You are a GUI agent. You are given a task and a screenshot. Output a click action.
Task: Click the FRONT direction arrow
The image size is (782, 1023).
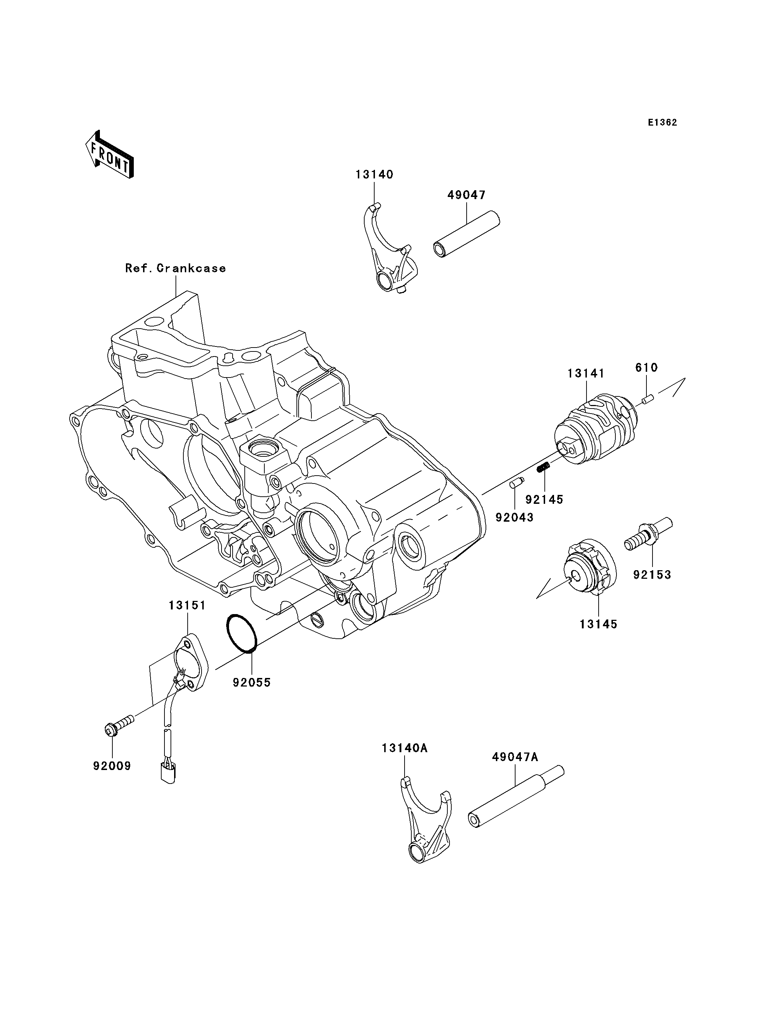tap(110, 155)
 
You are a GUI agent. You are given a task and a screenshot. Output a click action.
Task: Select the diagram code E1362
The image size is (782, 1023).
tap(662, 122)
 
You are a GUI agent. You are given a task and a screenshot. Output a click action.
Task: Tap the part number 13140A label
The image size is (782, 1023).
tap(405, 748)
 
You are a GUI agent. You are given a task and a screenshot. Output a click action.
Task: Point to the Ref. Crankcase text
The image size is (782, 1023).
tap(176, 268)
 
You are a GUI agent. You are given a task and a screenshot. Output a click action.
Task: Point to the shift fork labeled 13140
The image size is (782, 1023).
tap(389, 254)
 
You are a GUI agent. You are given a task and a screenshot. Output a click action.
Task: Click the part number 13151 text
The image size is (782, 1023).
tap(187, 605)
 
